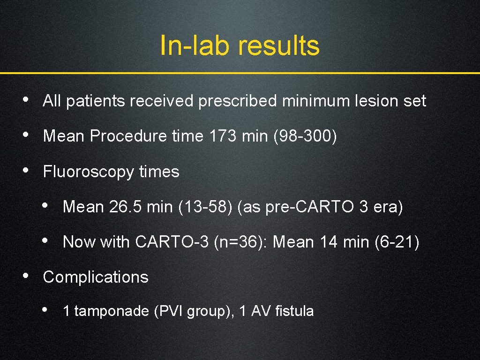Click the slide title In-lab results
pos(240,46)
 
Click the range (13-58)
pos(205,207)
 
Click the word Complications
pos(96,277)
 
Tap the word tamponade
pos(112,311)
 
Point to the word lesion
pos(373,101)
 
